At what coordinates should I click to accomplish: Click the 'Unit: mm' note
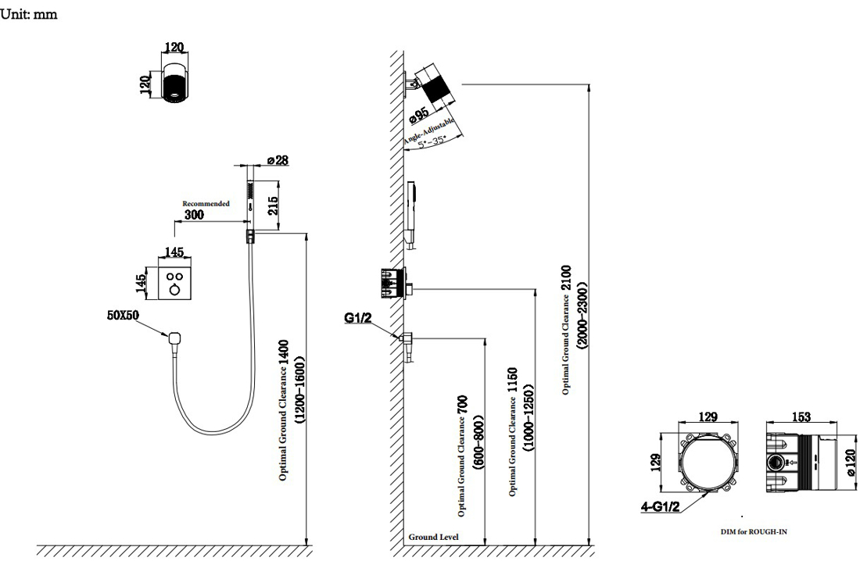(x=29, y=13)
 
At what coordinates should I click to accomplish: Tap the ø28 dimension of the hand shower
(x=277, y=160)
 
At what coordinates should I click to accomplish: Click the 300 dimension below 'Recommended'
(x=195, y=214)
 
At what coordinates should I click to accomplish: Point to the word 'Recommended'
(x=206, y=203)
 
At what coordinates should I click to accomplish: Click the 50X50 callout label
(x=124, y=315)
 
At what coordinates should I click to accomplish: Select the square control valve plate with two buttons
(x=174, y=280)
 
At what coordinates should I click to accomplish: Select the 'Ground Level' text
(x=434, y=538)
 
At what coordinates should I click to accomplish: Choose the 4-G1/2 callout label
(x=658, y=506)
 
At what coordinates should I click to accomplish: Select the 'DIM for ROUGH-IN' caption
(x=758, y=531)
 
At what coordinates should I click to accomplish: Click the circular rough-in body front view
(x=708, y=464)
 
